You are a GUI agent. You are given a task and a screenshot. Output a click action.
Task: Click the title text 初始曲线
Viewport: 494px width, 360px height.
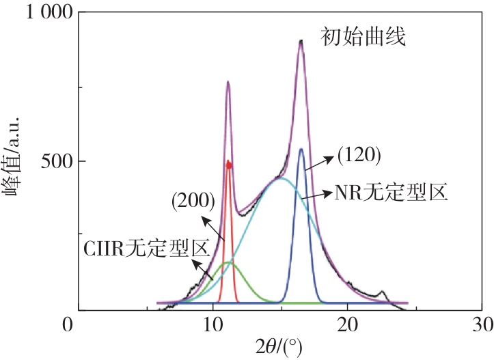tap(363, 36)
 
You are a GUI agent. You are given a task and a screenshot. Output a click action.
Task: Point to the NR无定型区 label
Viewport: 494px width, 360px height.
tap(391, 193)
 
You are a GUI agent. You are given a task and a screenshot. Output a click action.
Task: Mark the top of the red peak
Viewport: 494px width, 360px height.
tap(229, 163)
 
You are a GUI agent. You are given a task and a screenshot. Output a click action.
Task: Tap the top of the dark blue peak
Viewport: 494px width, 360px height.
tap(301, 149)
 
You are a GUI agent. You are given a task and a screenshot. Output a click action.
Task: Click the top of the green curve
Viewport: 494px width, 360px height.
tap(227, 262)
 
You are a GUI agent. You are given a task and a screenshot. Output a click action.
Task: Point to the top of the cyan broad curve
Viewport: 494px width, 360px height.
tap(280, 178)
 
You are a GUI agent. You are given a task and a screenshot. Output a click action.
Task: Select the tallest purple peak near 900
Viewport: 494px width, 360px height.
tap(301, 42)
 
